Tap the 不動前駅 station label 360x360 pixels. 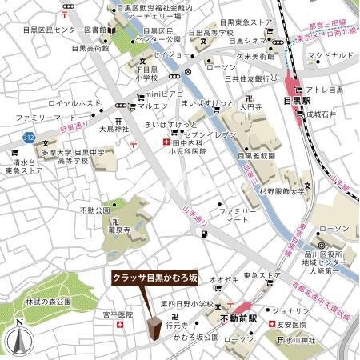[237, 318]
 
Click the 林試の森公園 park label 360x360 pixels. [48, 302]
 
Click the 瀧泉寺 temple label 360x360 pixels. [118, 228]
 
